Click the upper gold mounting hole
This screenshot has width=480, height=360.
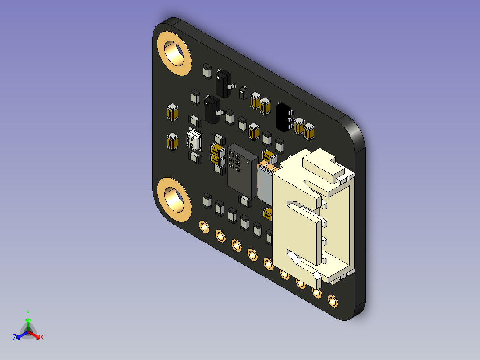click(174, 53)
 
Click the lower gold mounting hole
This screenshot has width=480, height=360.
click(174, 200)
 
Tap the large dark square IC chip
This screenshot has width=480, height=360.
click(242, 171)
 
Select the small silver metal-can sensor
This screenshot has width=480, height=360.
click(194, 140)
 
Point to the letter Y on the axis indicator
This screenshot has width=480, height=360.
click(28, 313)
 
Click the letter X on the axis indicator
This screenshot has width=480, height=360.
click(42, 337)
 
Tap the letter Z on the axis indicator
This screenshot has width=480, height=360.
click(15, 337)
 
